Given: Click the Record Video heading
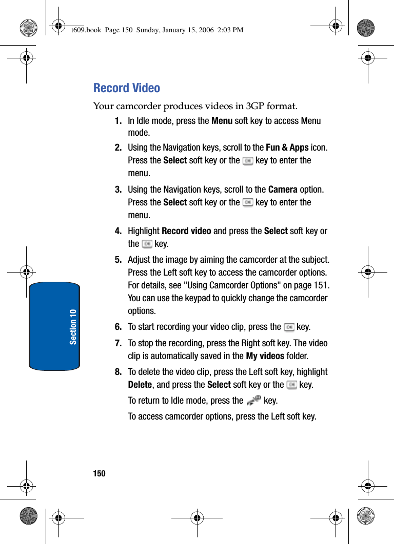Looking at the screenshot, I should [x=127, y=88].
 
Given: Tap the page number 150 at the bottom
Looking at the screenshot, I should [x=100, y=473].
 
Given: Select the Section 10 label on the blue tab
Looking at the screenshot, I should [x=73, y=326].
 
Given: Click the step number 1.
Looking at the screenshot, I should [x=118, y=121].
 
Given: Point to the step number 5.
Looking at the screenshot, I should [x=118, y=260].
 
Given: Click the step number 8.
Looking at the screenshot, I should [x=118, y=372].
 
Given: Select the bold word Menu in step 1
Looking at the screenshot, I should [x=222, y=121].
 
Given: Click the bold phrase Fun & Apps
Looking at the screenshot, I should [x=287, y=148].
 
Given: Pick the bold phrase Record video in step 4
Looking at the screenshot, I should [x=186, y=231].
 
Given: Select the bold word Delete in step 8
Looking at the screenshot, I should [x=140, y=385].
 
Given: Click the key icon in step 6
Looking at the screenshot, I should [x=289, y=327].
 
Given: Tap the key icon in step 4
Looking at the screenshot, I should [x=147, y=244].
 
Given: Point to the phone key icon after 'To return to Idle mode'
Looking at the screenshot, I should [x=253, y=401].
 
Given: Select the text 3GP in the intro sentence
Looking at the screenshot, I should [x=255, y=107].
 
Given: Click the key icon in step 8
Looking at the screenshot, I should [x=291, y=385].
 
